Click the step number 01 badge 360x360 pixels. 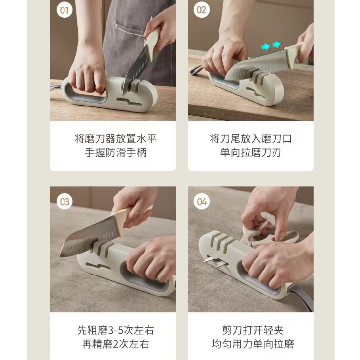[64, 10]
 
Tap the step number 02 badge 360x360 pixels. [202, 10]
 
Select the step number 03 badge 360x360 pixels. [64, 202]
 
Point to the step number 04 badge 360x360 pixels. [202, 202]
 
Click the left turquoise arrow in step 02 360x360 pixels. [265, 47]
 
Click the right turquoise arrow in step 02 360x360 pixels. [276, 44]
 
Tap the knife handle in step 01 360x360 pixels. [152, 43]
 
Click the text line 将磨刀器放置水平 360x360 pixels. [116, 139]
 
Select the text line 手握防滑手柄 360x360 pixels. [116, 153]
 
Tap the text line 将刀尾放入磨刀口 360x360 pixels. [251, 139]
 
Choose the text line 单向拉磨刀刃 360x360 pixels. [251, 153]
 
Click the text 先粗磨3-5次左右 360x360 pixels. [116, 330]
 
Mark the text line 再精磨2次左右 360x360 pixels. [116, 344]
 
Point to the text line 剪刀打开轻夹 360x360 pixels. [253, 330]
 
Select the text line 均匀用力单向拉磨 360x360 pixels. [253, 344]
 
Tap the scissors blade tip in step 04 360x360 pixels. [204, 261]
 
